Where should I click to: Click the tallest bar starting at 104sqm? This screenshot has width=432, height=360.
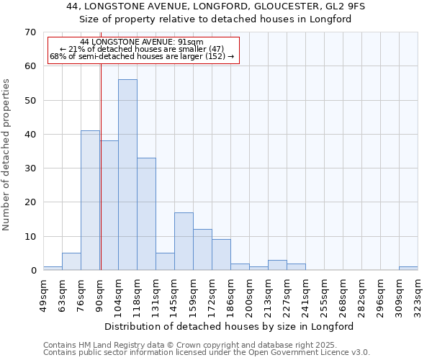click(127, 175)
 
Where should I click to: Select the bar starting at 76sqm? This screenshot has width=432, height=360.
click(90, 200)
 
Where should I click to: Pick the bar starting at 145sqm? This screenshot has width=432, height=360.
click(184, 241)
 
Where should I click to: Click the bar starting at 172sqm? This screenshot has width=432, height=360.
click(221, 255)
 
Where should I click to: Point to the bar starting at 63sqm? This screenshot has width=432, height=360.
click(71, 261)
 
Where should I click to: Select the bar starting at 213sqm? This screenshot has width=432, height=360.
click(277, 265)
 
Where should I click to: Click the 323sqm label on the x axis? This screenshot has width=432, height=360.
click(418, 295)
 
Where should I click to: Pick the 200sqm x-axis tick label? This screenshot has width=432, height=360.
click(249, 295)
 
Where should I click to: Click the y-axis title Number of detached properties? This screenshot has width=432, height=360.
click(7, 155)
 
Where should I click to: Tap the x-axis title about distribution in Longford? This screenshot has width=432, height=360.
click(234, 326)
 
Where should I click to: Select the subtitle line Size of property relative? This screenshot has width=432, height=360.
click(215, 19)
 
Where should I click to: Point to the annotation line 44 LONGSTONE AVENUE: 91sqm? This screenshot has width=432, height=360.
click(142, 42)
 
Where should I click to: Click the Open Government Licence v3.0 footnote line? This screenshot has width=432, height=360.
click(207, 352)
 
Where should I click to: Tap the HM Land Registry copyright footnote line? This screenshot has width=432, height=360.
click(190, 345)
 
